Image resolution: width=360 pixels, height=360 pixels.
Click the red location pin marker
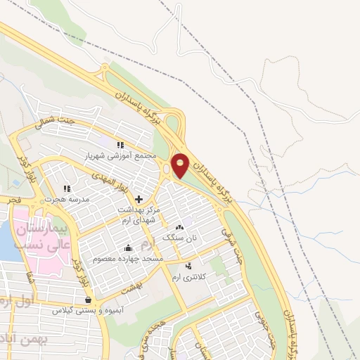(181, 163)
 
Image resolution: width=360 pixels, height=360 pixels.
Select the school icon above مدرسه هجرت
(67, 188)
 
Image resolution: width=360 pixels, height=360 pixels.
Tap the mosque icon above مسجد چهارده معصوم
(128, 247)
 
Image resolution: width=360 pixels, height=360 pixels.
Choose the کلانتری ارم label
(190, 277)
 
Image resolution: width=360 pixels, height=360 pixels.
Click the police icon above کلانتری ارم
(188, 266)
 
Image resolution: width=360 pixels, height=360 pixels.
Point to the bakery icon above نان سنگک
(179, 227)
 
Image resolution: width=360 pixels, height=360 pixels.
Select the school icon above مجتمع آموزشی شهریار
(119, 144)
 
